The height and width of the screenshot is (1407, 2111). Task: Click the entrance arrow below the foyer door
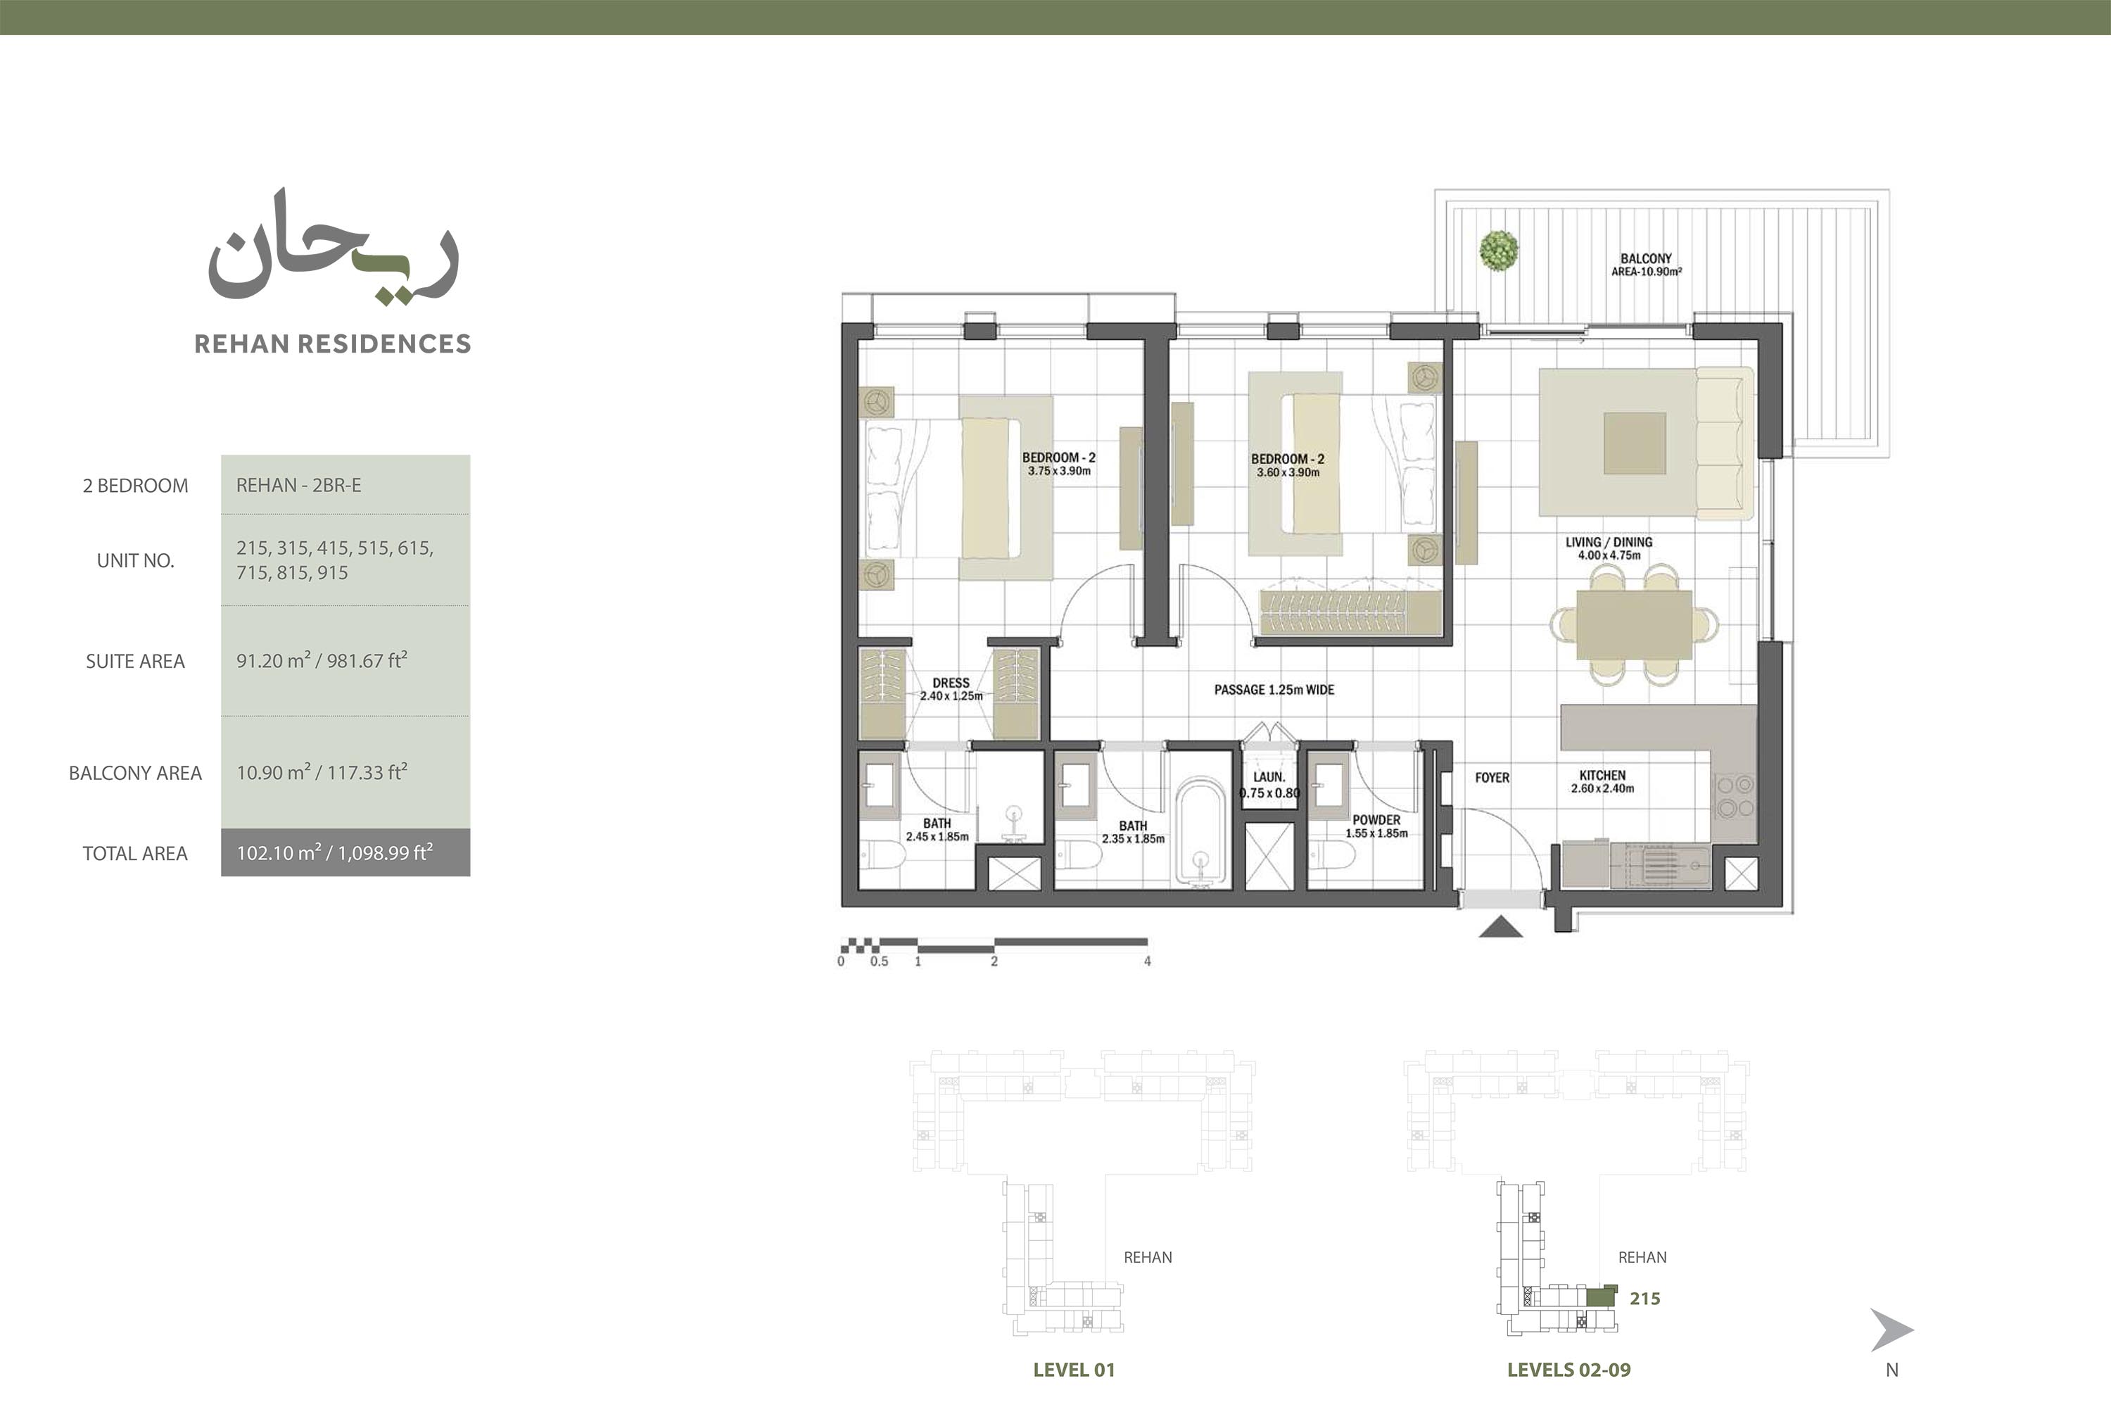click(1501, 926)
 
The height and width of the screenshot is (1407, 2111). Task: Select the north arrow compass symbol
click(1891, 1329)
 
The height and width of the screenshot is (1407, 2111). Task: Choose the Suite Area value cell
click(346, 660)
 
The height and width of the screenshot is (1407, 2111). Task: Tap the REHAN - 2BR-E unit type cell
click(346, 484)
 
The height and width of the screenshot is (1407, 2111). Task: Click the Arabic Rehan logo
click(334, 247)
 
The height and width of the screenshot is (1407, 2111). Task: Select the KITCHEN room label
click(1602, 775)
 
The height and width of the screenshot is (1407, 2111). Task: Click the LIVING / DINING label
click(1609, 542)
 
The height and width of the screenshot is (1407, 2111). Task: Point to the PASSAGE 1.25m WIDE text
click(1274, 689)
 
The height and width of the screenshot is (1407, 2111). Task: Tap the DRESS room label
click(951, 683)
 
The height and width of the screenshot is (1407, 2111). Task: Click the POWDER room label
click(1376, 819)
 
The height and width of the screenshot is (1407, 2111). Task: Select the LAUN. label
click(1269, 777)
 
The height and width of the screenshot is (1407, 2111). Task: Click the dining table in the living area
click(1634, 624)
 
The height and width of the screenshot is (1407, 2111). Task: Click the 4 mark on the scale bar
click(1148, 961)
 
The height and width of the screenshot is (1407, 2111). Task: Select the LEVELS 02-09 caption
click(1568, 1369)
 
